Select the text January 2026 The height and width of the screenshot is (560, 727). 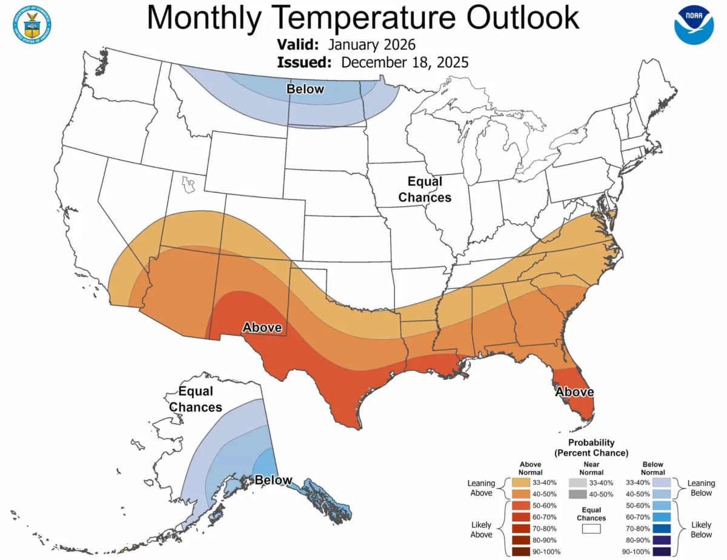click(x=372, y=45)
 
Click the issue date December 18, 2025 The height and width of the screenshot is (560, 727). click(x=405, y=62)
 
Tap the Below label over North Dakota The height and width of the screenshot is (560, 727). click(x=305, y=90)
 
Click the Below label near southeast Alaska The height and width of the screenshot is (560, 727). click(x=274, y=480)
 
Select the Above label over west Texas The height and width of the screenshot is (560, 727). click(x=262, y=328)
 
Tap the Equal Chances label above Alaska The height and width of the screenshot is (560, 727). click(x=195, y=399)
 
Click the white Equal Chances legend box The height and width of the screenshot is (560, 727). click(x=591, y=528)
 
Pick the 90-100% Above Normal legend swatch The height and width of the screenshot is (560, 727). click(x=521, y=551)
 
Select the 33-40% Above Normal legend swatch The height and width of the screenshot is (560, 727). click(x=521, y=482)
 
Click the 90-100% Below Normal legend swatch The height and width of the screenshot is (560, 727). click(x=662, y=551)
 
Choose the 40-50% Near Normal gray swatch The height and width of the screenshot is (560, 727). click(x=579, y=494)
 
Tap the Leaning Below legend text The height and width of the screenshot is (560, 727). click(x=702, y=488)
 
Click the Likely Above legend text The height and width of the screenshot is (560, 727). click(x=481, y=528)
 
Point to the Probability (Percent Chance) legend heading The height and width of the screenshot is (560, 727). click(x=591, y=448)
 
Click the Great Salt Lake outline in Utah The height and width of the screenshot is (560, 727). click(x=188, y=182)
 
